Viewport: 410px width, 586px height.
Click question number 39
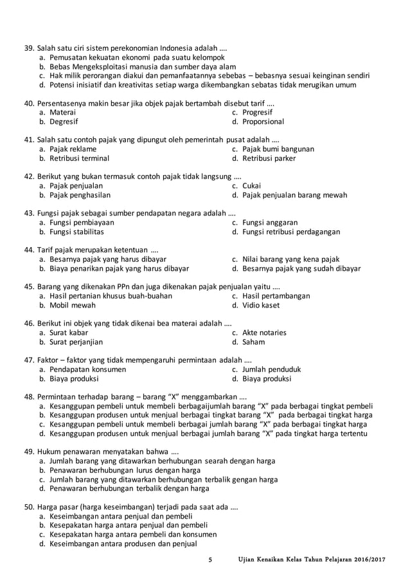pos(29,48)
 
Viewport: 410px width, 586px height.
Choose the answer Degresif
pos(64,122)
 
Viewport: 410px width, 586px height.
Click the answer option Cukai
pos(251,185)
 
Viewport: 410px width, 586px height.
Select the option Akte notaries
pos(264,333)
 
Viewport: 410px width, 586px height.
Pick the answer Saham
pos(253,342)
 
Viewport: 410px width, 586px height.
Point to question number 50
pos(29,507)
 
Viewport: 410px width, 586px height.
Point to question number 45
pos(29,286)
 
